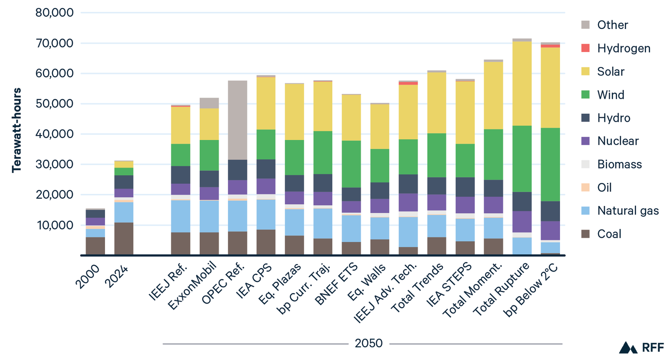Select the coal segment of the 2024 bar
[x=124, y=239]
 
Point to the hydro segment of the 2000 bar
[x=95, y=214]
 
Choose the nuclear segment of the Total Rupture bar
[x=522, y=221]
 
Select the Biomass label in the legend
[x=619, y=164]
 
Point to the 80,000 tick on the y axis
[x=54, y=13]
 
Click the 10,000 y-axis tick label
[x=54, y=225]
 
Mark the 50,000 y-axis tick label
[x=54, y=104]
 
